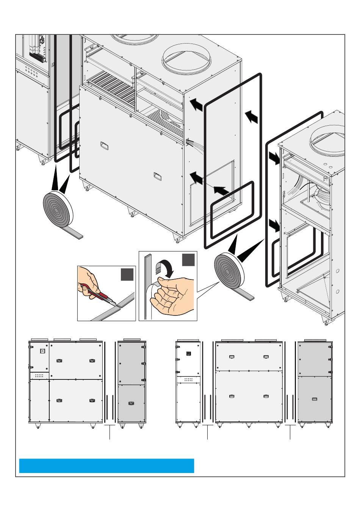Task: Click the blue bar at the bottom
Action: pyautogui.click(x=106, y=466)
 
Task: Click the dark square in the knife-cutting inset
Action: pyautogui.click(x=127, y=274)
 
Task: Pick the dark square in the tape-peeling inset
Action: pyautogui.click(x=188, y=260)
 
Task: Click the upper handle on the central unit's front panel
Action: pyautogui.click(x=104, y=145)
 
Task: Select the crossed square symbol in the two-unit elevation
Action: pyautogui.click(x=42, y=351)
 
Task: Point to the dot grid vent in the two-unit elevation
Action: pyautogui.click(x=39, y=376)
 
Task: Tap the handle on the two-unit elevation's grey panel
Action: pyautogui.click(x=131, y=404)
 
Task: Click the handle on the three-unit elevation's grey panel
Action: pyautogui.click(x=314, y=399)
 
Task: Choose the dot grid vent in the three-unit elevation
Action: pyautogui.click(x=188, y=380)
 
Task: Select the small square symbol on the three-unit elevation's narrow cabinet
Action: pyautogui.click(x=188, y=354)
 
